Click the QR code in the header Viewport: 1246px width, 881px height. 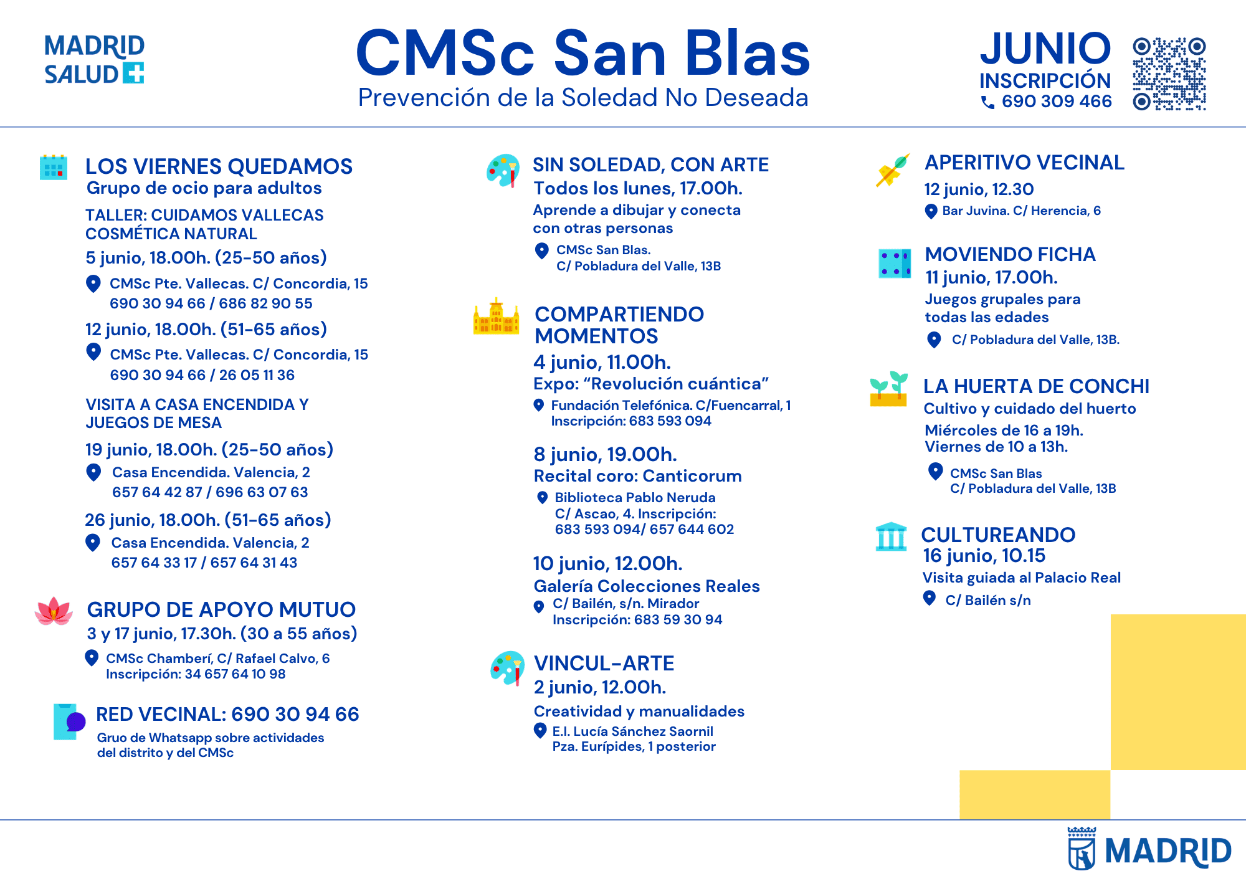1169,74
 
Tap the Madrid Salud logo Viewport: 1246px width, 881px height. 94,60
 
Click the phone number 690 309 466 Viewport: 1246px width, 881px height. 1057,101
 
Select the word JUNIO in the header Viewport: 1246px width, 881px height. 1045,49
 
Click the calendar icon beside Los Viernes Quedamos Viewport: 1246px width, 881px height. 54,167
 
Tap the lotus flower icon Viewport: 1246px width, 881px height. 54,611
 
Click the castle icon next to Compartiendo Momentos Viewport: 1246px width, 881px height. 496,317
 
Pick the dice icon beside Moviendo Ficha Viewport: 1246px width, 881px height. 895,263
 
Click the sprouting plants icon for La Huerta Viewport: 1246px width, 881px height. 889,389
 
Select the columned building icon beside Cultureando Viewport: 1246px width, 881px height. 891,536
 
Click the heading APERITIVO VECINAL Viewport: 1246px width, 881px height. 1025,163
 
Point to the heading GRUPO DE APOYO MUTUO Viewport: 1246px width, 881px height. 221,609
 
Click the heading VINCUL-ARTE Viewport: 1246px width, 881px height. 604,663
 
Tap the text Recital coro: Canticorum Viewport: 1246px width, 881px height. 637,476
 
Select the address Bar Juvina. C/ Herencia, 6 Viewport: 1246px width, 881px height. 1022,211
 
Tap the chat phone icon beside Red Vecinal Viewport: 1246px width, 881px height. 69,721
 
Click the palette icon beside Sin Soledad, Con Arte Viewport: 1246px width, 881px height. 503,171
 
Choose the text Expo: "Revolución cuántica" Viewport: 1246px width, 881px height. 651,384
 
